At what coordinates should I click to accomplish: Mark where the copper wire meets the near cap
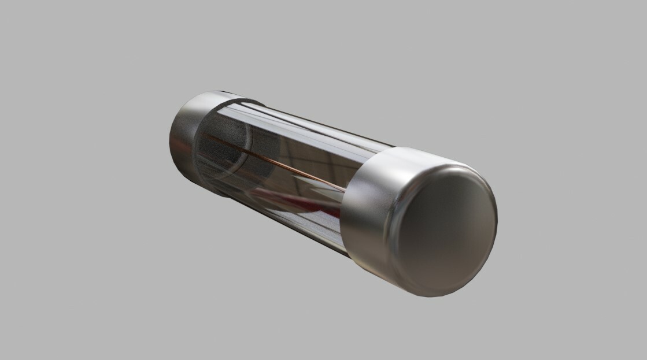pos(345,191)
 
